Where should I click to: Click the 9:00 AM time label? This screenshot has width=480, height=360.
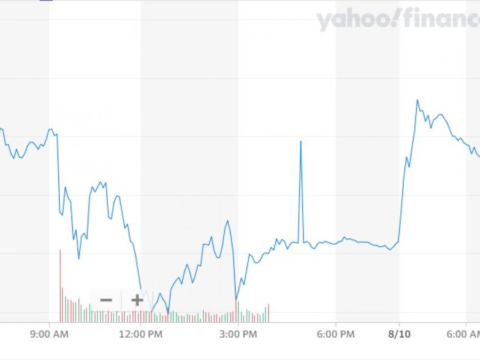pyautogui.click(x=50, y=334)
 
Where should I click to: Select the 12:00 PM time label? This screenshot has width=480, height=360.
pyautogui.click(x=141, y=334)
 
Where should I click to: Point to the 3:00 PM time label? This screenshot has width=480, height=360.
pyautogui.click(x=238, y=334)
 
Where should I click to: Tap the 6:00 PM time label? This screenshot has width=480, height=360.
pyautogui.click(x=336, y=334)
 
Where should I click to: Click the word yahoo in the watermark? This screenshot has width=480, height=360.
pyautogui.click(x=350, y=20)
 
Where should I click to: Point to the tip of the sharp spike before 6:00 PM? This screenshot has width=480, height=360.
pyautogui.click(x=301, y=141)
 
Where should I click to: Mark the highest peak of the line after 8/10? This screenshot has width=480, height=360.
pyautogui.click(x=417, y=100)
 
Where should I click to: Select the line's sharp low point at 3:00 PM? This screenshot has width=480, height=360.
pyautogui.click(x=236, y=298)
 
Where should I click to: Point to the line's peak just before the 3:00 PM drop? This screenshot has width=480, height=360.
pyautogui.click(x=228, y=220)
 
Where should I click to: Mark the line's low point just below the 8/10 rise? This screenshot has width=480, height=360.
pyautogui.click(x=391, y=250)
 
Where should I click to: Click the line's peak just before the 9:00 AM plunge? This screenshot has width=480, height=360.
pyautogui.click(x=51, y=129)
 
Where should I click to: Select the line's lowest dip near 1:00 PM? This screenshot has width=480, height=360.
pyautogui.click(x=168, y=313)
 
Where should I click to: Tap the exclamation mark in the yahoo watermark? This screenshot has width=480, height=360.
pyautogui.click(x=393, y=19)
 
